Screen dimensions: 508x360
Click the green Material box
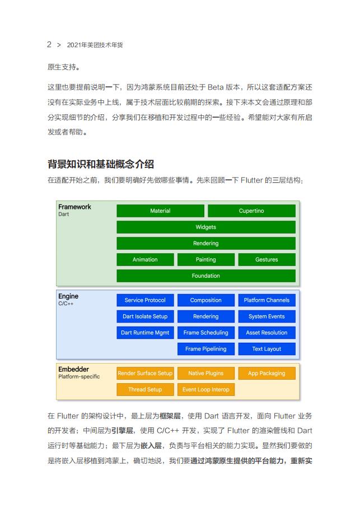160,211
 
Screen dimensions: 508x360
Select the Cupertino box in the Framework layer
251,211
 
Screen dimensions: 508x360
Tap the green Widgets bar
205,227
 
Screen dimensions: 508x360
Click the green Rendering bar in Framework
205,244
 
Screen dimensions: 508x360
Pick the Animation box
145,260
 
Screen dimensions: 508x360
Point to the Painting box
205,260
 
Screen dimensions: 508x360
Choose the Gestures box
267,260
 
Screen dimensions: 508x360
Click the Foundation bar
205,276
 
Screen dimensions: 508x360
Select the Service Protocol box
145,300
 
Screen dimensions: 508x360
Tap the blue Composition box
205,300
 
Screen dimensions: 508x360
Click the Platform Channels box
267,300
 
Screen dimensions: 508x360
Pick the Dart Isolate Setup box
145,316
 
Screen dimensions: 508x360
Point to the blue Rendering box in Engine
205,316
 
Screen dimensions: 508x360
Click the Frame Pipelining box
205,349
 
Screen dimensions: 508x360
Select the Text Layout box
267,349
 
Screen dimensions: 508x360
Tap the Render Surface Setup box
145,374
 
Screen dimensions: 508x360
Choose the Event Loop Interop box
205,390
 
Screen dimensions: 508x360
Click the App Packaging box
267,374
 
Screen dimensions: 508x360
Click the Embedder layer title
74,370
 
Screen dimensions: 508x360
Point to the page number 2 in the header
49,44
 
